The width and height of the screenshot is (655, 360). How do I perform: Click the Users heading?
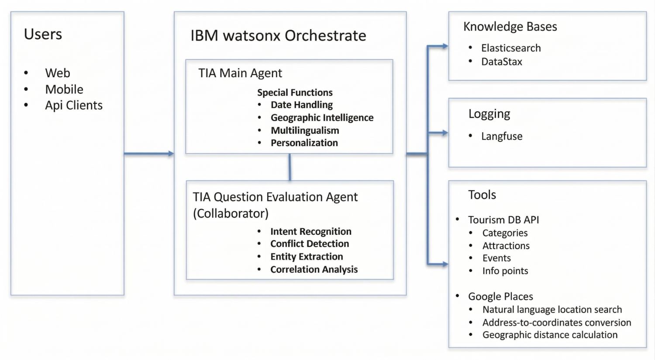[x=43, y=34]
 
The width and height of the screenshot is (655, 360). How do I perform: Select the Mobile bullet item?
[x=64, y=89]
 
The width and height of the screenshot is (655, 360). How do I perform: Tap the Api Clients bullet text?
[x=74, y=105]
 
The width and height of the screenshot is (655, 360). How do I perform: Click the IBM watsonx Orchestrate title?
[x=278, y=35]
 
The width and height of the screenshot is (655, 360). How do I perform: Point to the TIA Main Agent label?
[x=240, y=73]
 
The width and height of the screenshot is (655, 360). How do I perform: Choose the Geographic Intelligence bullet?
[x=322, y=117]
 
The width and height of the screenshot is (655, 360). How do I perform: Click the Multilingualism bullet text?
[x=305, y=130]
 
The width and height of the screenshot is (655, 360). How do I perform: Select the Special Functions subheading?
[x=295, y=93]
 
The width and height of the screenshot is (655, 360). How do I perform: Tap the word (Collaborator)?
[x=231, y=213]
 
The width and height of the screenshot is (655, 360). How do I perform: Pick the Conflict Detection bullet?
[x=310, y=243]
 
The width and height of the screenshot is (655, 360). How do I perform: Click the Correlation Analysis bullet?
[x=314, y=269]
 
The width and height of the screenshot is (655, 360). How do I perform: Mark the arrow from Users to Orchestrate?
[x=148, y=154]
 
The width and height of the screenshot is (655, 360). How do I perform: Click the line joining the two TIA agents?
[x=290, y=167]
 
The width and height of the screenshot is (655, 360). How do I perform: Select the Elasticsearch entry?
[x=511, y=48]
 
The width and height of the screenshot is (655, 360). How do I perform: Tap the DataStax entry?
[x=502, y=62]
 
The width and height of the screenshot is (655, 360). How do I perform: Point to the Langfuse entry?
[x=502, y=136]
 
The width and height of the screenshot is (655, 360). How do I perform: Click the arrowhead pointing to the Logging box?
[x=445, y=133]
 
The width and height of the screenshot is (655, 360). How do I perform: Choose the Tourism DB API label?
[x=503, y=219]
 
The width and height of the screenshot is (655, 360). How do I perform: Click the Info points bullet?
[x=505, y=271]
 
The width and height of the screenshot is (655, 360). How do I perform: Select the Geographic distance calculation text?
[x=550, y=335]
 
